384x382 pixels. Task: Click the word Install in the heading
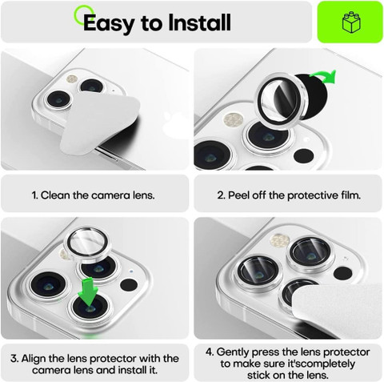coord(199,22)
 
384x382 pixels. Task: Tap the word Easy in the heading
coord(109,24)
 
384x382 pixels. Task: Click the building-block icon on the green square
coord(351,22)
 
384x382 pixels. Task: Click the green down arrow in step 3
coord(89,292)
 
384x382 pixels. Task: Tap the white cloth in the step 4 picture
coord(338,311)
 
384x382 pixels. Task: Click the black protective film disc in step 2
coord(311,98)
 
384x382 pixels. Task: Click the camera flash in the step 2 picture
coord(234,120)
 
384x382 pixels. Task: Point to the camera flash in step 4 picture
coord(279,240)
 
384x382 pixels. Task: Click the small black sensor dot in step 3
coord(129,285)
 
